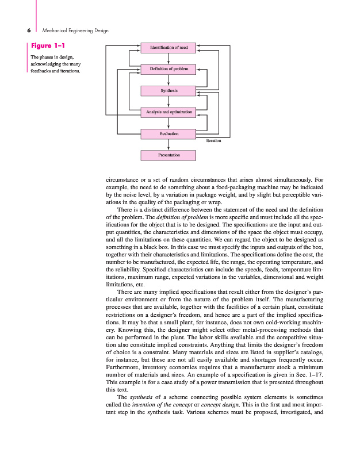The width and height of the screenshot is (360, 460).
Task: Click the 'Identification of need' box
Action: (168, 47)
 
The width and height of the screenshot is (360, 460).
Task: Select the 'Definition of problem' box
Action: (168, 69)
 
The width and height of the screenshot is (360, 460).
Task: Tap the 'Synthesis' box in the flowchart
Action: (168, 91)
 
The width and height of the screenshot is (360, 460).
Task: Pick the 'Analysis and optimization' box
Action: (168, 112)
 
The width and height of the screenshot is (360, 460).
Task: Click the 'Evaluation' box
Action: (168, 134)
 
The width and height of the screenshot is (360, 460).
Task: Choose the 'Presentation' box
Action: (168, 155)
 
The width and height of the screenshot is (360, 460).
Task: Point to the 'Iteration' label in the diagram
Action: (213, 140)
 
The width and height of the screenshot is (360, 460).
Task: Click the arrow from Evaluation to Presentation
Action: (168, 144)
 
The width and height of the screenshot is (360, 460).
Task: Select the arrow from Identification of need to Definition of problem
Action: (168, 58)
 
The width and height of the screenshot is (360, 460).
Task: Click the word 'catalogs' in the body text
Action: (312, 352)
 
